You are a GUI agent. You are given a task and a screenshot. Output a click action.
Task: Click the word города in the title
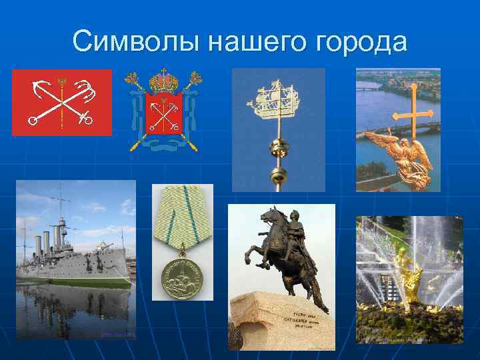point(361,41)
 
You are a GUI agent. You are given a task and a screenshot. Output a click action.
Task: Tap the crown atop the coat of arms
point(163,81)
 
